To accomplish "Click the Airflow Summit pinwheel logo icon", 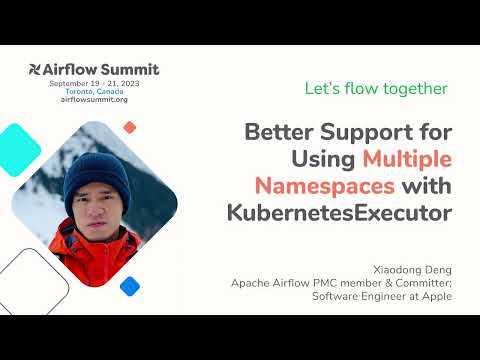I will (x=38, y=70).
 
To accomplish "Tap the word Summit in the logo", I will (x=130, y=70).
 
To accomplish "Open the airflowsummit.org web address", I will (x=95, y=100).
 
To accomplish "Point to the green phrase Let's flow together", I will (x=376, y=89).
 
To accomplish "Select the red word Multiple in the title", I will (x=407, y=159).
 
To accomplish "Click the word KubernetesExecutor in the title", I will (x=340, y=212).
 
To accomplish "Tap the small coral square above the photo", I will (x=129, y=127).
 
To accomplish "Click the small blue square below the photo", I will (x=129, y=285).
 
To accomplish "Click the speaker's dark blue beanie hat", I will (x=97, y=174).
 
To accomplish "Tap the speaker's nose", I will (x=96, y=211).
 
